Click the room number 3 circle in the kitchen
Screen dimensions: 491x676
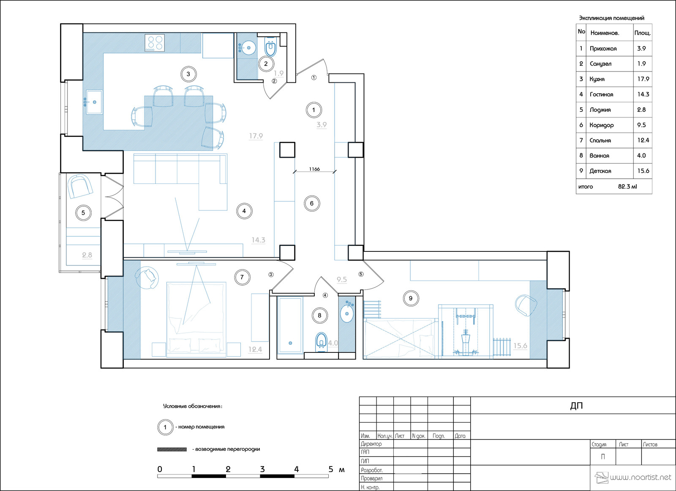(x=188, y=74)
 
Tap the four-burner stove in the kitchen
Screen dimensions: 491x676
(x=155, y=43)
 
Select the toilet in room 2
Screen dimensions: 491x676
(x=270, y=46)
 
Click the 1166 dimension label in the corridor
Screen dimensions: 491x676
(x=314, y=169)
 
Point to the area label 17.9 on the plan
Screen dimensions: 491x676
(x=256, y=136)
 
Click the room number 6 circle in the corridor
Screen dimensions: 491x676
(x=312, y=203)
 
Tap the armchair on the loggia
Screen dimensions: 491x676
(x=80, y=186)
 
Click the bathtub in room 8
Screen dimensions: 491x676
(x=290, y=325)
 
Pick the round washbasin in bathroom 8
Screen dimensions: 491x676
(x=347, y=314)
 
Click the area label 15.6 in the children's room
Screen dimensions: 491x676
(x=520, y=346)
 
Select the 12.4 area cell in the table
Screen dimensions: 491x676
(x=643, y=140)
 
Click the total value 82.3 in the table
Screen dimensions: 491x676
(x=627, y=186)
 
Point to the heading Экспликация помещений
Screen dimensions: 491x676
(x=611, y=18)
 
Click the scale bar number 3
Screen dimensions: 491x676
(x=262, y=469)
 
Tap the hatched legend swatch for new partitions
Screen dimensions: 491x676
(x=172, y=449)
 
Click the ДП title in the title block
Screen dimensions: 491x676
(x=576, y=406)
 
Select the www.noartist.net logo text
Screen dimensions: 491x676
(x=640, y=477)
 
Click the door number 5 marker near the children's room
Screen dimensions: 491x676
(x=361, y=274)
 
